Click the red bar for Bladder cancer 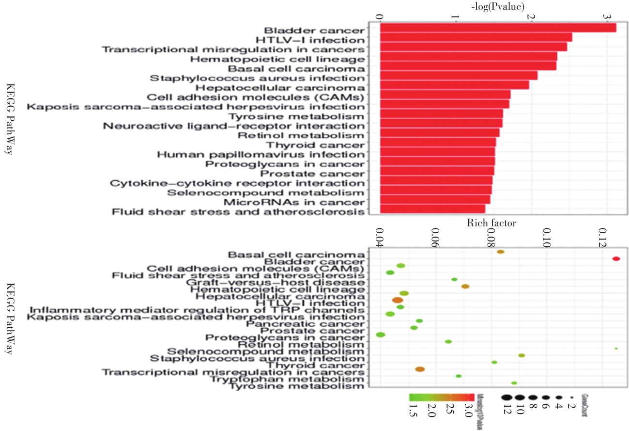point(498,28)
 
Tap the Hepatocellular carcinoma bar point(454,85)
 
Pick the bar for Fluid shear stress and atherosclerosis point(432,209)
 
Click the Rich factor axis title point(491,223)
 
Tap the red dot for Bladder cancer point(616,259)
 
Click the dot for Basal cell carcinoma point(501,252)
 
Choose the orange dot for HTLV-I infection point(398,300)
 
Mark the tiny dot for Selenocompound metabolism point(616,349)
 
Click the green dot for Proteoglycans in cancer point(380,335)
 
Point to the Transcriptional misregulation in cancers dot point(420,369)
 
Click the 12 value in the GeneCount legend point(507,411)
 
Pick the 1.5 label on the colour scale point(414,411)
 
